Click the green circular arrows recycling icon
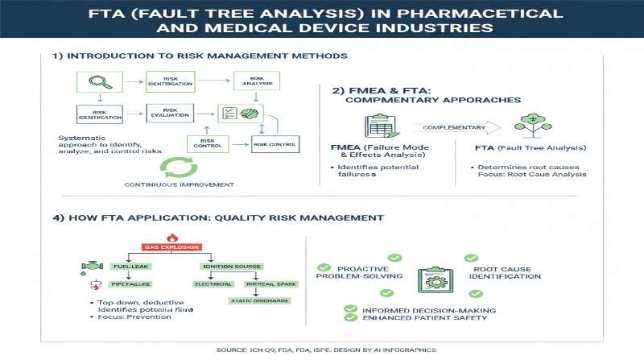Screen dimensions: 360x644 (x=179, y=166)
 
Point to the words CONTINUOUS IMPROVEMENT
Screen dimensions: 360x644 (x=179, y=184)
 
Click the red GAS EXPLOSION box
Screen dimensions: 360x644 (x=171, y=246)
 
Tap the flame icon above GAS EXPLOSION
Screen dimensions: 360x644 (x=171, y=237)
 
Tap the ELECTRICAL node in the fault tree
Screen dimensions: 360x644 (x=213, y=284)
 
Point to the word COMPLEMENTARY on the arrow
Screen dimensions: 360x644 (x=456, y=126)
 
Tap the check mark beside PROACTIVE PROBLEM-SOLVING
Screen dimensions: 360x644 (x=324, y=267)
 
